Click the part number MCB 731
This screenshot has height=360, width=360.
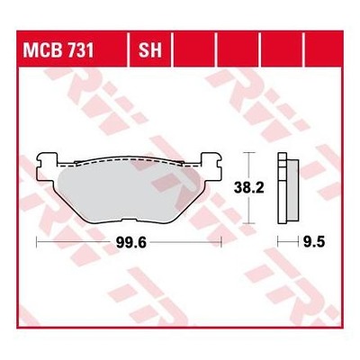tap(58, 50)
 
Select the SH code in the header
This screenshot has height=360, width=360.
tap(150, 50)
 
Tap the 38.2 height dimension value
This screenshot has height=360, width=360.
tap(249, 188)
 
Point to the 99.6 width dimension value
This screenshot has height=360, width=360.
tap(131, 243)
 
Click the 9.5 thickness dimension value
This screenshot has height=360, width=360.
tap(314, 242)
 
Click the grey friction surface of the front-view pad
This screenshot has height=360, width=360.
tap(129, 192)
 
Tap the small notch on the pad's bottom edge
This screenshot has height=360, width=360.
tap(129, 221)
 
